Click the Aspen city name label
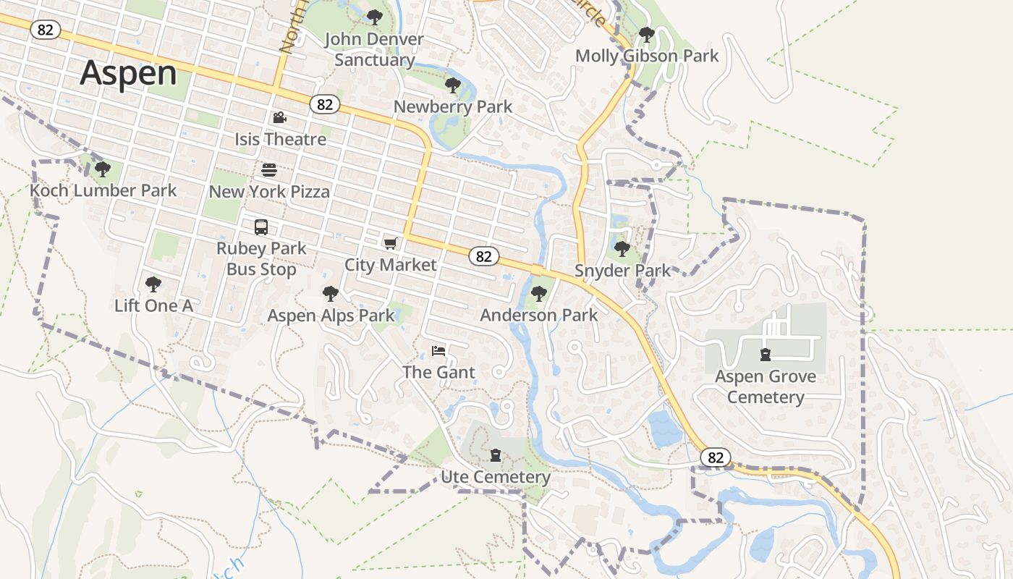tap(128, 73)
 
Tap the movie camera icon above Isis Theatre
tap(280, 117)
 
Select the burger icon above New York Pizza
tap(269, 170)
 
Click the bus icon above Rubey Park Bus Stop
tap(261, 227)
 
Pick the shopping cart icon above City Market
tap(391, 243)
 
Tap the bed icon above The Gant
tap(438, 351)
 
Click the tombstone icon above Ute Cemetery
tap(496, 455)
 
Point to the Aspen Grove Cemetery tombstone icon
tap(766, 355)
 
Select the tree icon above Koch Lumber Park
tap(103, 170)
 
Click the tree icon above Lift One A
tap(153, 284)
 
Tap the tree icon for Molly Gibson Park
tap(646, 35)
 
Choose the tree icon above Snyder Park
tap(622, 250)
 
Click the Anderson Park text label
tap(539, 315)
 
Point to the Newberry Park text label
tap(453, 107)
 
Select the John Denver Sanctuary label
tap(374, 49)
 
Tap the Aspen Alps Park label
tap(331, 316)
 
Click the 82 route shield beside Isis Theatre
tap(325, 104)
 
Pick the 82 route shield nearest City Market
tap(483, 256)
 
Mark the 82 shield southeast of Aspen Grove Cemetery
tap(716, 457)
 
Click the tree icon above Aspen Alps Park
tap(331, 294)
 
